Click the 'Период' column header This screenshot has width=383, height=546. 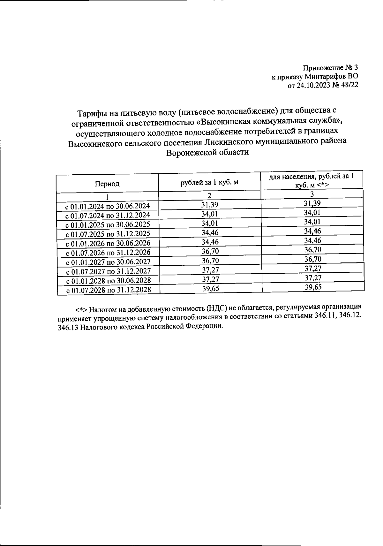(x=107, y=184)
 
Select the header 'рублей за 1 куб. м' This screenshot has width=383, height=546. (x=209, y=182)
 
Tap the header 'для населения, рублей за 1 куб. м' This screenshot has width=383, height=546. (x=312, y=180)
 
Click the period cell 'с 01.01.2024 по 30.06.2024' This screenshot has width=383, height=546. (x=108, y=206)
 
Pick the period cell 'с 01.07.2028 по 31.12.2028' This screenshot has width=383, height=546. (x=108, y=290)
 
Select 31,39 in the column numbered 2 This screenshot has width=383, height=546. (x=210, y=205)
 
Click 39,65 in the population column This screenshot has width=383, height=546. (x=313, y=287)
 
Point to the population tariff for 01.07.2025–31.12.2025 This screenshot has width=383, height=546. (x=312, y=231)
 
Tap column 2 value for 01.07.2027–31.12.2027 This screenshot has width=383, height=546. (x=210, y=270)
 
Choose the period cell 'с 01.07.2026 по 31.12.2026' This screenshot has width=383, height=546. (x=108, y=253)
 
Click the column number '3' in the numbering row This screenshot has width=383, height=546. (x=312, y=194)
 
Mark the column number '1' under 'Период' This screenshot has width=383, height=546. (x=107, y=197)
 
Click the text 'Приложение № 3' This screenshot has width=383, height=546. (x=330, y=68)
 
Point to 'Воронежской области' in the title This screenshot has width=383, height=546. (x=207, y=152)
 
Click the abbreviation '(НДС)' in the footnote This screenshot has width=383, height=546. (x=216, y=308)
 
